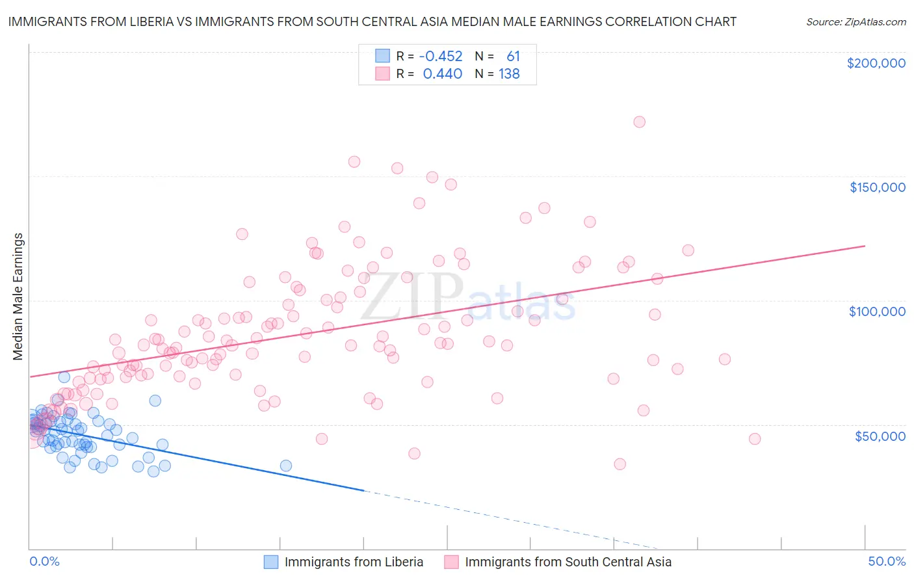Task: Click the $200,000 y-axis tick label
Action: pos(876,63)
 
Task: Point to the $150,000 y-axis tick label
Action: pos(877,187)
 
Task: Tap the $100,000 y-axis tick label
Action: pos(877,311)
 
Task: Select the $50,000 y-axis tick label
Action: pos(880,436)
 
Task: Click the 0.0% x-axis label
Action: pos(44,561)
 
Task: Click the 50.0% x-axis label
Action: pos(887,561)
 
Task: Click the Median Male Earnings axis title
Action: pos(18,297)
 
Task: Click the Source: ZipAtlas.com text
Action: pos(855,21)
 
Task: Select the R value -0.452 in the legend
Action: pos(440,57)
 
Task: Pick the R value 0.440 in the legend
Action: pos(442,74)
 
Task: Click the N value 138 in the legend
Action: pos(509,74)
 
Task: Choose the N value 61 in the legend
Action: pos(513,57)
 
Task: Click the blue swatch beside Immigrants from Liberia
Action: pos(270,562)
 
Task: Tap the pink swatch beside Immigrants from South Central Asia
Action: pos(451,562)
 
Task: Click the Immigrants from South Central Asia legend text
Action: pos(568,562)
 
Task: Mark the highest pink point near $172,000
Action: pos(639,122)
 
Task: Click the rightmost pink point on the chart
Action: pos(755,439)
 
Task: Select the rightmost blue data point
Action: pos(285,466)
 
